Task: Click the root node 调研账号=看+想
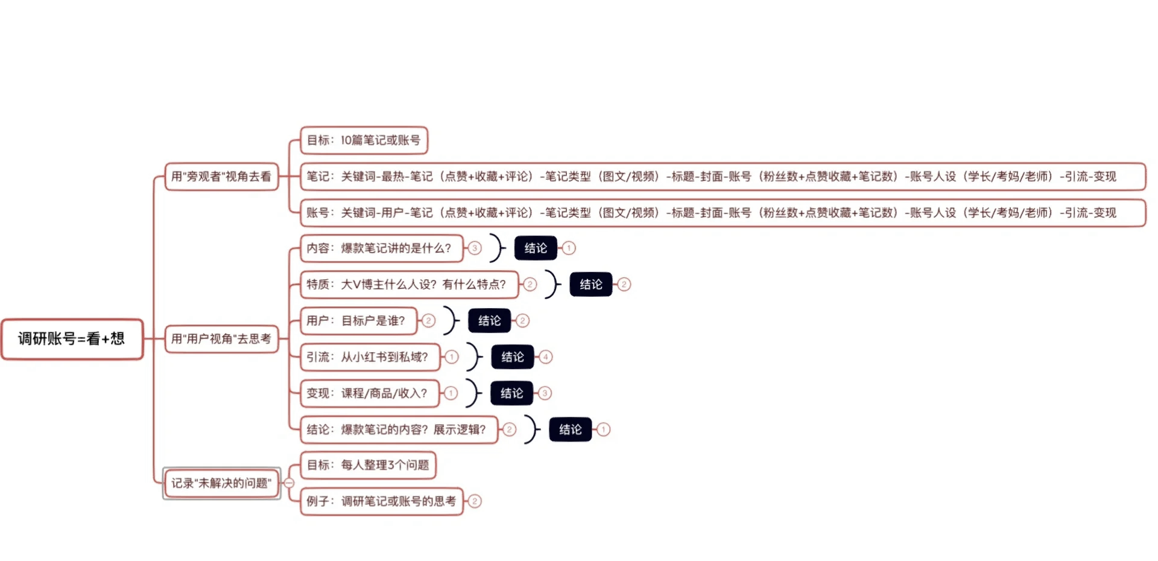[72, 339]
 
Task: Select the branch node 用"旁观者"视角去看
[221, 177]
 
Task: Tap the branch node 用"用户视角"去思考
[221, 339]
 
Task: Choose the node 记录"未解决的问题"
[221, 483]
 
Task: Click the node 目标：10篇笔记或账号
[364, 141]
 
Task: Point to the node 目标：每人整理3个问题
[368, 465]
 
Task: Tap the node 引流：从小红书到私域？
[370, 357]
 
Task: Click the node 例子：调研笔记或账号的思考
[381, 501]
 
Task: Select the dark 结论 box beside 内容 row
[536, 249]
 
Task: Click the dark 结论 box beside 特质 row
[591, 285]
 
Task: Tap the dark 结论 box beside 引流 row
[513, 357]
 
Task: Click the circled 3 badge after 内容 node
[475, 249]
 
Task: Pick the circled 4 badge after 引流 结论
[546, 357]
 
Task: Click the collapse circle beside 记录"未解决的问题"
[289, 483]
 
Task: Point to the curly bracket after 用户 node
[451, 321]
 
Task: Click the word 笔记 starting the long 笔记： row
[318, 177]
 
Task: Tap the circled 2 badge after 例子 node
[475, 501]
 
